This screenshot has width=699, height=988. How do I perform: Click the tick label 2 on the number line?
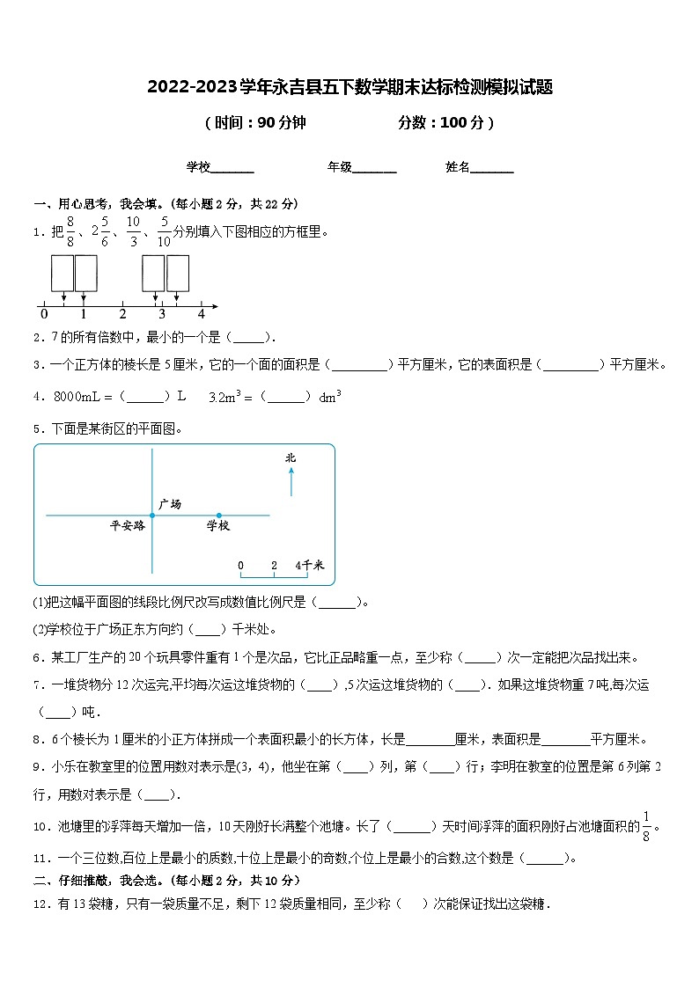[122, 314]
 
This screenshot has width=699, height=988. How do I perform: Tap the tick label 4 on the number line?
[201, 314]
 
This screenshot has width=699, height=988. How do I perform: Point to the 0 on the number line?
[44, 314]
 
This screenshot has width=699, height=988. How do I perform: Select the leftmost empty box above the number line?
[62, 273]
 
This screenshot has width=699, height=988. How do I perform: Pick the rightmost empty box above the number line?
[178, 273]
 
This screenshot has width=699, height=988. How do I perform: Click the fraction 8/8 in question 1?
[71, 232]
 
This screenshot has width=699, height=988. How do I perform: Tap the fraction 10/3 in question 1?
[134, 232]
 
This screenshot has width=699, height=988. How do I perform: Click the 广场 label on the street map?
[170, 504]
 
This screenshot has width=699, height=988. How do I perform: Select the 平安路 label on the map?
[127, 526]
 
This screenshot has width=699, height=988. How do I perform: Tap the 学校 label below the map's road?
[217, 526]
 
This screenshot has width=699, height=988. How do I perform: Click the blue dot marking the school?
[218, 516]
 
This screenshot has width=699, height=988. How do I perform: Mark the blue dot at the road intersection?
[152, 516]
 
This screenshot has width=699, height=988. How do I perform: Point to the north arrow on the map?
[291, 482]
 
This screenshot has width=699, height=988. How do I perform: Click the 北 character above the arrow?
[291, 457]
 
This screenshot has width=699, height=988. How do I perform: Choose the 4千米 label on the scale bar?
[309, 565]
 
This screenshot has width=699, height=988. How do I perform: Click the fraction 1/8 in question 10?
[647, 826]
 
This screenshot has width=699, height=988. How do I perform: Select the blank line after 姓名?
[493, 168]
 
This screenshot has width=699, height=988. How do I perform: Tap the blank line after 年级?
[375, 168]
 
